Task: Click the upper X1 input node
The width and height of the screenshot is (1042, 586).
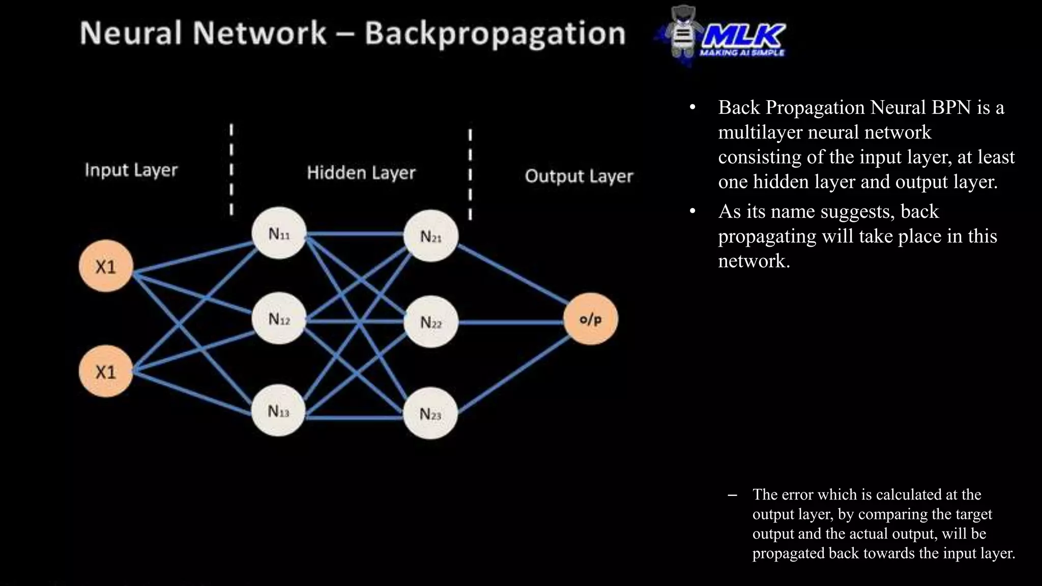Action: click(x=106, y=266)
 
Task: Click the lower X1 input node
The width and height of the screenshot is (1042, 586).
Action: click(x=106, y=371)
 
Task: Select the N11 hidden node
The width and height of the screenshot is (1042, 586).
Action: click(x=279, y=233)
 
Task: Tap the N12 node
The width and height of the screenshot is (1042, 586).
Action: click(x=279, y=318)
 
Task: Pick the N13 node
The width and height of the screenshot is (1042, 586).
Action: click(x=278, y=411)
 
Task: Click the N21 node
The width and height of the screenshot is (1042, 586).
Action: click(x=431, y=236)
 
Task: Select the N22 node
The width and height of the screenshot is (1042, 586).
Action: click(x=431, y=322)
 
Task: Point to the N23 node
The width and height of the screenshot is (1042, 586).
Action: click(x=430, y=414)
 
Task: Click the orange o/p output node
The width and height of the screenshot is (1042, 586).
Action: click(x=590, y=319)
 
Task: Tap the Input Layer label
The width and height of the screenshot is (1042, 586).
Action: click(x=131, y=170)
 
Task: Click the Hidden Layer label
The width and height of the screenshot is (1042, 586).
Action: click(x=361, y=173)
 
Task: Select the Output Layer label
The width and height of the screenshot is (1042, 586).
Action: click(x=579, y=176)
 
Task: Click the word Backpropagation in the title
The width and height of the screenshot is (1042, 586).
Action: click(x=495, y=34)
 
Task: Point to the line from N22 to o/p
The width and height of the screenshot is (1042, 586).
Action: click(x=509, y=322)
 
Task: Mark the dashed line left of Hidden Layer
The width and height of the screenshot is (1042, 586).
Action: click(x=231, y=170)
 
